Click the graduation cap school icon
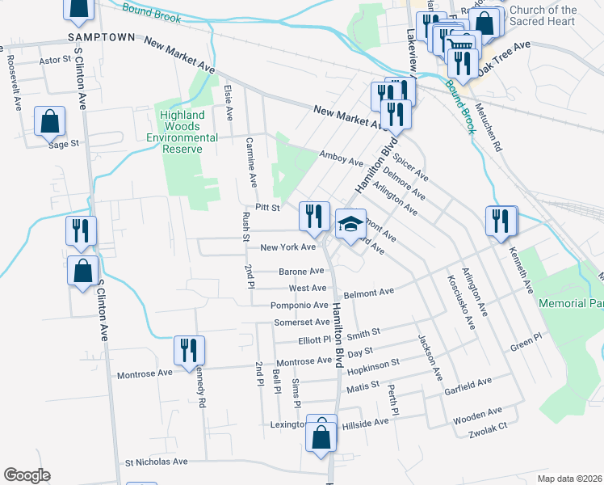tap(350, 224)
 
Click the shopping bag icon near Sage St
tap(50, 122)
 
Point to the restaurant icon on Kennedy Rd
tap(189, 350)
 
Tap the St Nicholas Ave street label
tap(156, 462)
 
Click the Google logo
tap(27, 475)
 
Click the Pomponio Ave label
tap(298, 305)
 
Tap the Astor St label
tap(56, 60)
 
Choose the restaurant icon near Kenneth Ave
tap(501, 220)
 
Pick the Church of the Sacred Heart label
tap(543, 15)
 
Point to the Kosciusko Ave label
tap(457, 302)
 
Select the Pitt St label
tap(267, 208)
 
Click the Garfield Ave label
tap(468, 382)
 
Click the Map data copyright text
tap(568, 479)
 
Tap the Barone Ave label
tap(301, 272)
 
